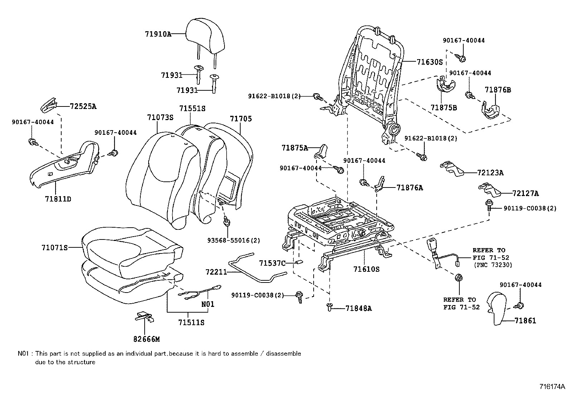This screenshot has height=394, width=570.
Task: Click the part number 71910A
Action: pos(158,34)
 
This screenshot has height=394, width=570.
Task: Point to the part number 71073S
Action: pos(160,117)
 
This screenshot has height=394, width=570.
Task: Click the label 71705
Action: pos(241,119)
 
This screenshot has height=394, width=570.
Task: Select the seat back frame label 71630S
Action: pos(430,62)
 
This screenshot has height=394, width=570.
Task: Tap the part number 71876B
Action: pos(498,90)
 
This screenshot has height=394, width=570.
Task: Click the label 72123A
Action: pos(490,173)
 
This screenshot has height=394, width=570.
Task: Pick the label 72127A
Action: pos(525,194)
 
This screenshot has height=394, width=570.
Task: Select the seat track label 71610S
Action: pos(366,269)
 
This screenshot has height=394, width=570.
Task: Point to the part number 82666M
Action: pos(147,339)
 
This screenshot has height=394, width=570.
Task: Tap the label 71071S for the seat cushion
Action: pos(54,247)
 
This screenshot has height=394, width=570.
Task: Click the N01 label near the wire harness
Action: pos(208,304)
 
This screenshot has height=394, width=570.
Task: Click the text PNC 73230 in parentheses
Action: pos(493,265)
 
